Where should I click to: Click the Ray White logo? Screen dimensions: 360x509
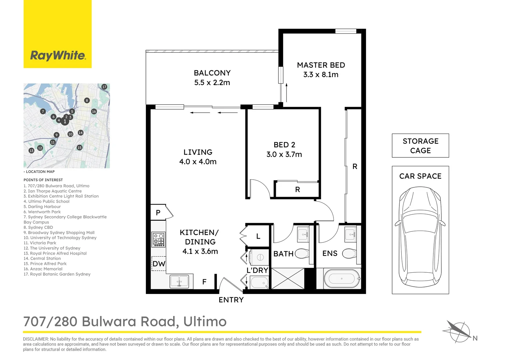click(58, 55)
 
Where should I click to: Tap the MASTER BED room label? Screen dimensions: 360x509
click(321, 65)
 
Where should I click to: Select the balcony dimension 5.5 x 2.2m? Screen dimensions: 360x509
click(212, 83)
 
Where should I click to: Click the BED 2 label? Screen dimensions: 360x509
click(284, 145)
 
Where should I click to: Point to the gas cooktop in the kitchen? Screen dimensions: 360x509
click(158, 240)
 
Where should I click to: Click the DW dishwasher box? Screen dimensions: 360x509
click(159, 264)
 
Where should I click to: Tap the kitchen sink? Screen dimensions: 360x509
click(179, 282)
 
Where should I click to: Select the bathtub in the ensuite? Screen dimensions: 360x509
click(342, 279)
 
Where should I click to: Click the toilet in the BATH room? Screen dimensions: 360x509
click(302, 254)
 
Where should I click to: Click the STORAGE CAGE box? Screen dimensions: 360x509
click(420, 146)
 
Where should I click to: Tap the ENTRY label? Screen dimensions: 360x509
click(231, 300)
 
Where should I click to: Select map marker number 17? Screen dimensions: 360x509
click(104, 87)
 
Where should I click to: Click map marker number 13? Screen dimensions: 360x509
click(31, 151)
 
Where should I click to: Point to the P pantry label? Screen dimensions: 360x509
click(158, 212)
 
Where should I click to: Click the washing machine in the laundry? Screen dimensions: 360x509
click(259, 258)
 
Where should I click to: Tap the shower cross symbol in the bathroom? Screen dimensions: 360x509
click(288, 278)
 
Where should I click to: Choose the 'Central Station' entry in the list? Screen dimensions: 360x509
click(42, 259)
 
